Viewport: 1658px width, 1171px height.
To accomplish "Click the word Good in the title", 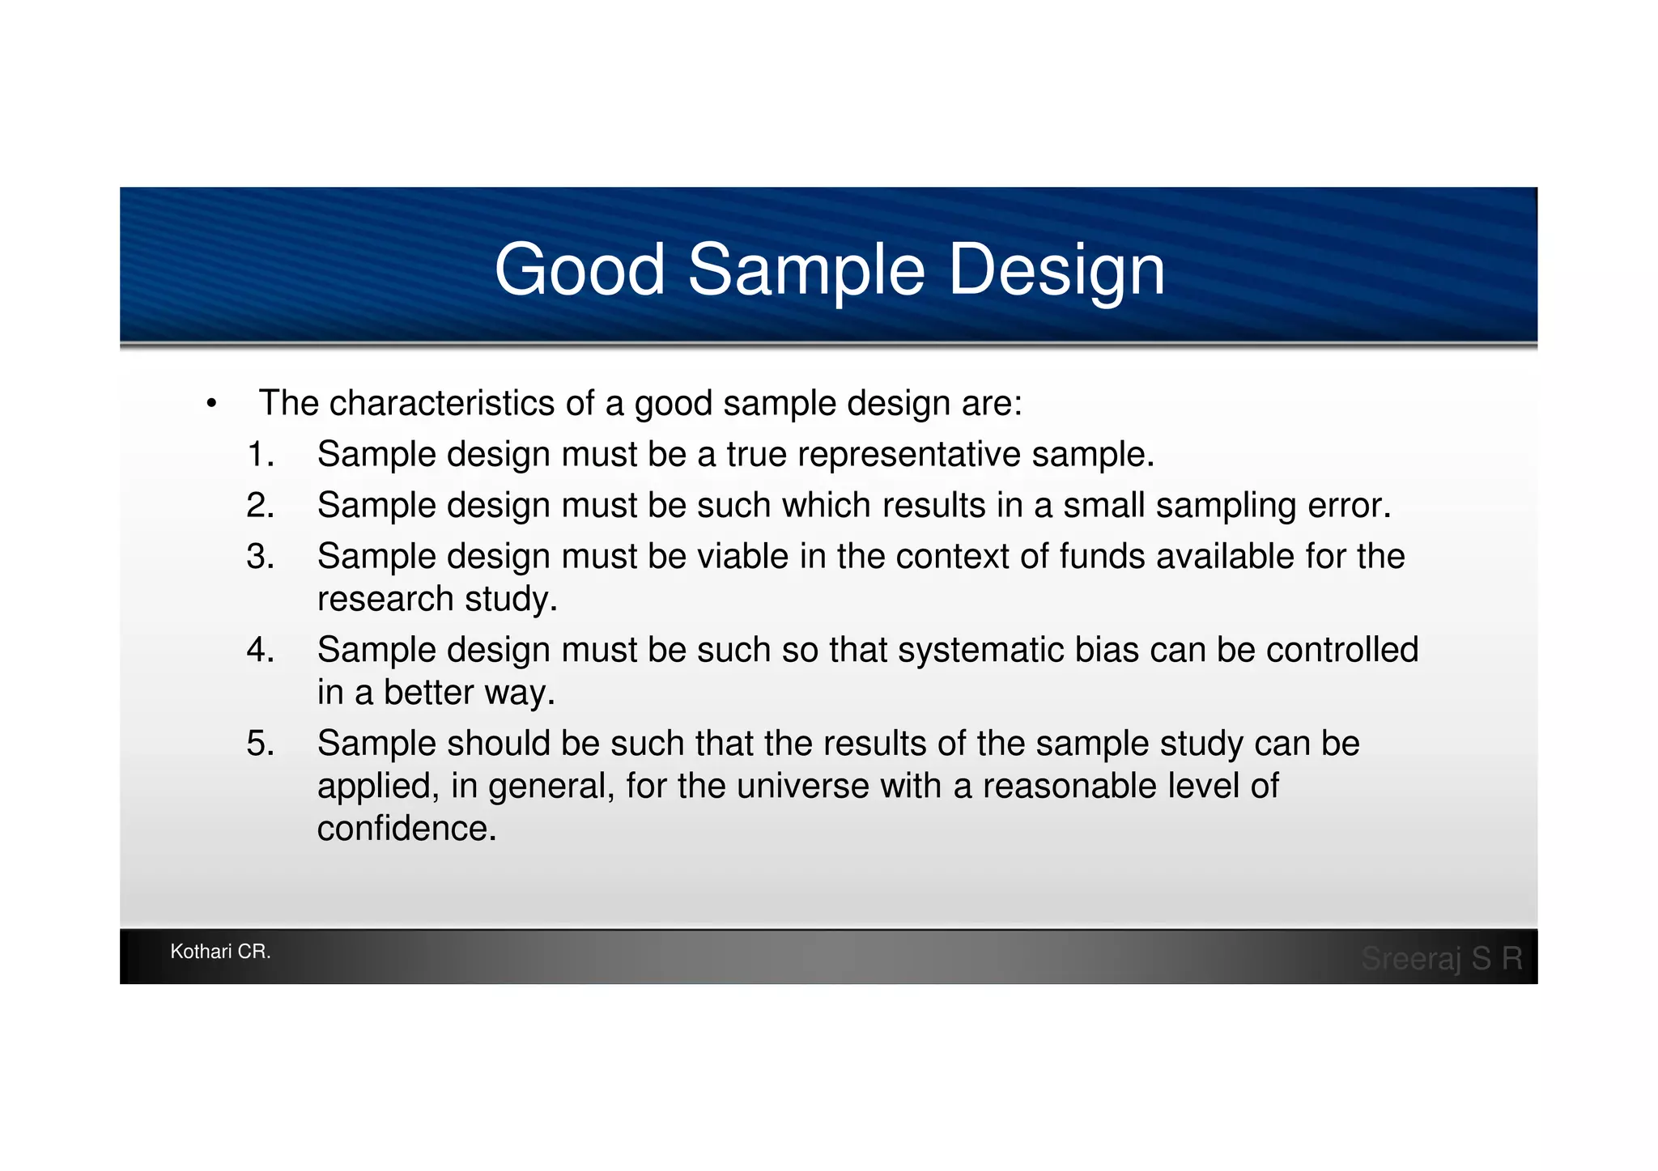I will pyautogui.click(x=579, y=269).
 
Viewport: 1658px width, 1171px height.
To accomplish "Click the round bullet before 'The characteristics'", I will pyautogui.click(x=211, y=404).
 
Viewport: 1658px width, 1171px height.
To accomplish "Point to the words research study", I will pyautogui.click(x=437, y=600).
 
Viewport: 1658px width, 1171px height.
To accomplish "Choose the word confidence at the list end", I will pyautogui.click(x=406, y=829).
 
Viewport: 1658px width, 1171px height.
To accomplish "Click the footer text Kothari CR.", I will pyautogui.click(x=220, y=952).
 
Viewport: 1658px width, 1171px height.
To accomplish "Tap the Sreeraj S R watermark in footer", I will pyautogui.click(x=1442, y=958).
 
